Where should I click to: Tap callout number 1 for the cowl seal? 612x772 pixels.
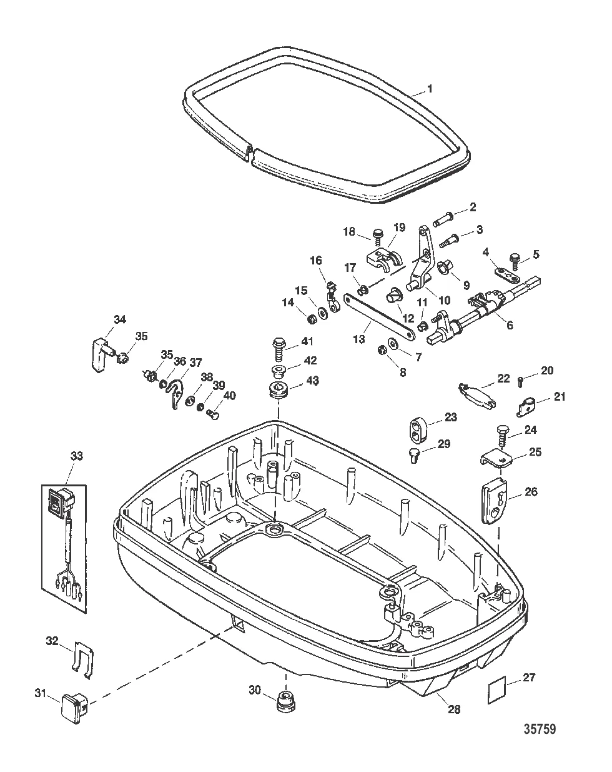point(429,89)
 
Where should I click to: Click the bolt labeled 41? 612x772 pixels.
point(279,344)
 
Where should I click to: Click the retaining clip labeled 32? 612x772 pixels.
point(83,656)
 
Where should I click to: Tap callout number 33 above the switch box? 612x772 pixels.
point(76,456)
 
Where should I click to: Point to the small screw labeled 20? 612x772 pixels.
point(521,379)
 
